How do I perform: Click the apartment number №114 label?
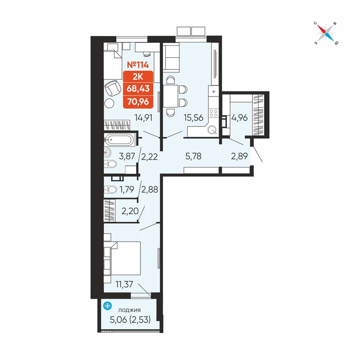[138, 65]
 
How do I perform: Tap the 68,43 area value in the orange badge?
[138, 89]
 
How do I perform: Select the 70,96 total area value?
[138, 101]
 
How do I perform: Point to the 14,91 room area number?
[144, 118]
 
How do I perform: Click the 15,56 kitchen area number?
[193, 118]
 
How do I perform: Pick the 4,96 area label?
[239, 118]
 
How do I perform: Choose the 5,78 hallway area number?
[193, 156]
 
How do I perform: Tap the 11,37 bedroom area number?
[124, 284]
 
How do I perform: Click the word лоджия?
[129, 310]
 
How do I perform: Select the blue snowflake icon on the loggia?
[107, 306]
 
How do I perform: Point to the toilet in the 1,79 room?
[111, 189]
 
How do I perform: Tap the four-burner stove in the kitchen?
[213, 113]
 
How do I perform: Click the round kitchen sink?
[212, 130]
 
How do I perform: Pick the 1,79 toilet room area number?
[127, 189]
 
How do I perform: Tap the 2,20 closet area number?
[130, 211]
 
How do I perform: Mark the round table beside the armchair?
[109, 103]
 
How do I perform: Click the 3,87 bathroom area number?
[127, 156]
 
